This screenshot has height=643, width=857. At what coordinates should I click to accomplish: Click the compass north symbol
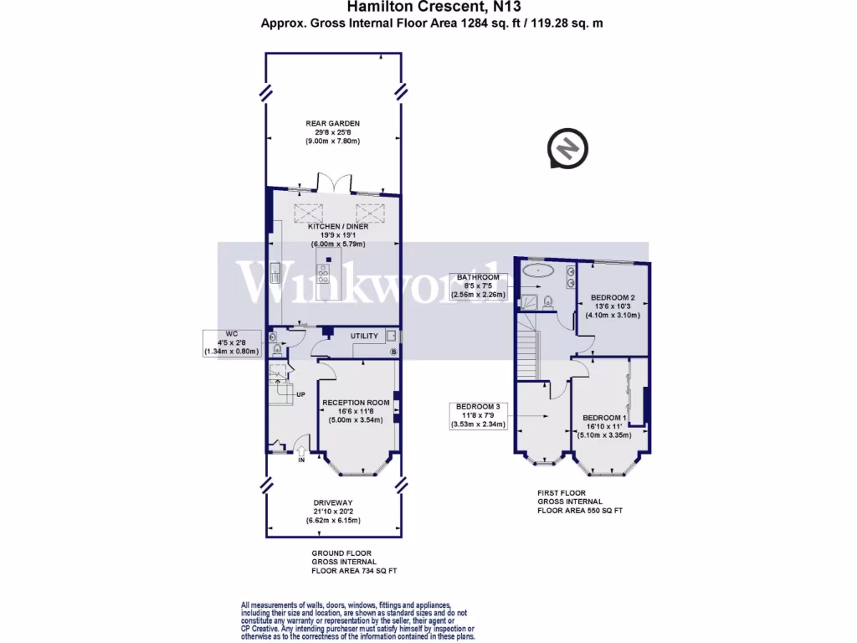tap(568, 149)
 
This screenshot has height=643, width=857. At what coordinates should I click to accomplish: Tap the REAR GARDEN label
tap(332, 124)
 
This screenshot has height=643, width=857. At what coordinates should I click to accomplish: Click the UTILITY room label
tap(364, 336)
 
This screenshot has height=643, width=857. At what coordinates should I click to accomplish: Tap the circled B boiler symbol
tap(393, 352)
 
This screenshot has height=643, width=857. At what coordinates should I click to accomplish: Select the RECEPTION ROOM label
tap(357, 403)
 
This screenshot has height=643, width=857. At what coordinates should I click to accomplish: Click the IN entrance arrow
tap(301, 453)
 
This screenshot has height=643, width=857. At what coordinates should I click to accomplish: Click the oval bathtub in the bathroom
tap(535, 271)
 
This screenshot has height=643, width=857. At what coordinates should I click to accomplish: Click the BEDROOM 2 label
tap(613, 297)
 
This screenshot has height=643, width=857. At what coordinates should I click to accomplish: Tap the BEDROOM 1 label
tap(604, 417)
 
